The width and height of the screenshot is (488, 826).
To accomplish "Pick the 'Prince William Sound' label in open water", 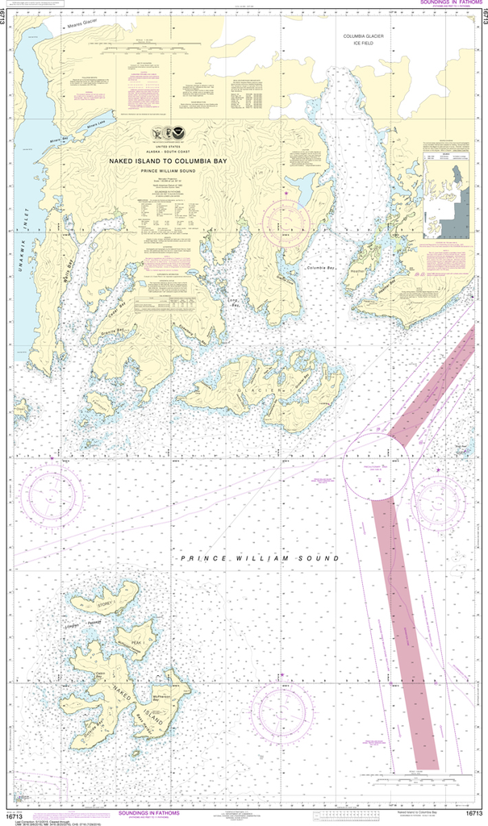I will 259,558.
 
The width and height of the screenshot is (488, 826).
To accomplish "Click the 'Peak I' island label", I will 138,642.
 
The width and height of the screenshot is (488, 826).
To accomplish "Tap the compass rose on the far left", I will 52,497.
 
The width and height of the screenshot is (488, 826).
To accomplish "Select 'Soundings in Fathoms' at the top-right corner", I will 451,3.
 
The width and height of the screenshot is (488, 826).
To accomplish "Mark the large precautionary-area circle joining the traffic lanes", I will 375,467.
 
